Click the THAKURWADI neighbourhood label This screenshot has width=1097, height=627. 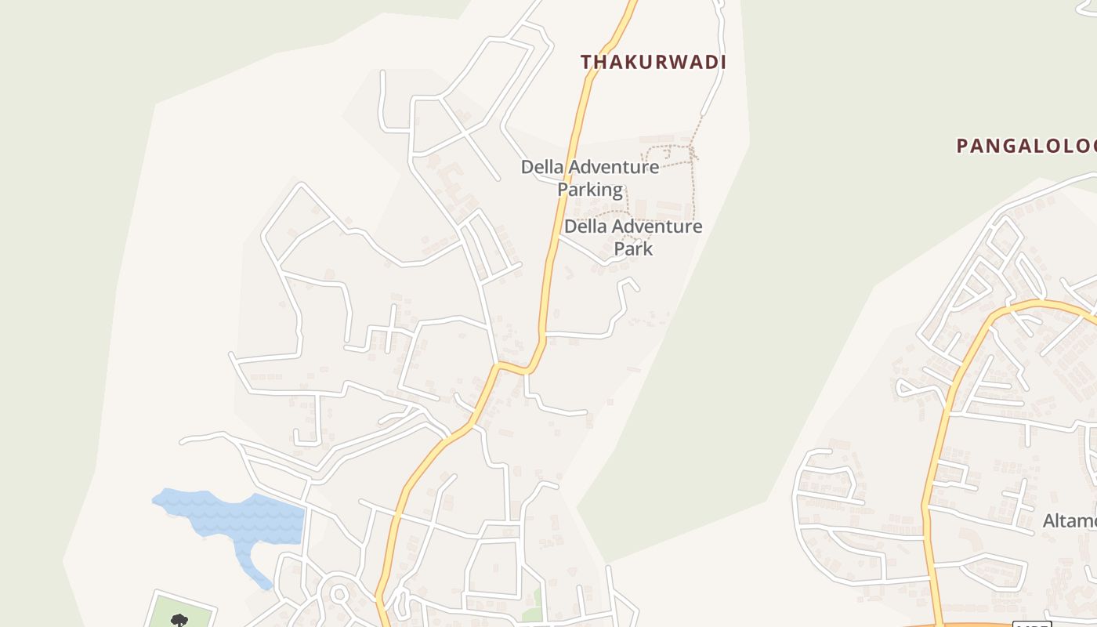tap(653, 63)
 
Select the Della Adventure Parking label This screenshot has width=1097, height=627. tap(590, 178)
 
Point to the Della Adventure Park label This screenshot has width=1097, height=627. tap(633, 237)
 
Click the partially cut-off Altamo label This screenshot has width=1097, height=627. tap(1069, 521)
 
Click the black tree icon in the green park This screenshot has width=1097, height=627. tap(179, 621)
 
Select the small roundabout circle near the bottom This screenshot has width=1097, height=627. tap(339, 594)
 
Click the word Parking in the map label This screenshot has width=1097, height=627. tap(590, 190)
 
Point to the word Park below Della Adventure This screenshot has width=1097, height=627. tap(633, 249)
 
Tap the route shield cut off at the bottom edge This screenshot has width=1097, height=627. tap(1031, 624)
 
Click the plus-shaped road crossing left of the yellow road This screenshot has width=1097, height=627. tap(389, 329)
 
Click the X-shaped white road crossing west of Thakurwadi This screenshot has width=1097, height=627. tap(465, 134)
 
